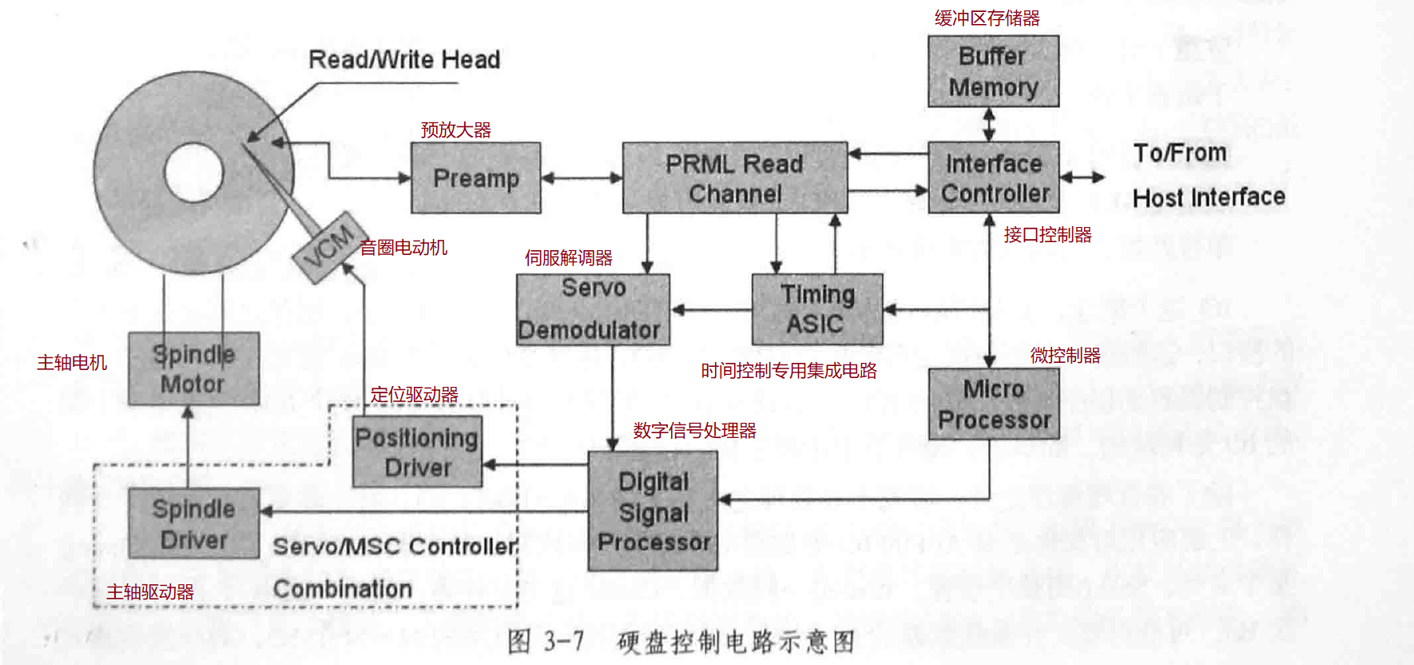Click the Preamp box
coord(476,178)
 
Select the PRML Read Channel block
coord(734,178)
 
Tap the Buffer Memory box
coord(993,71)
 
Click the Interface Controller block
coord(993,177)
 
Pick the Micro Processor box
coord(993,404)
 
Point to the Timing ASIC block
coord(816,309)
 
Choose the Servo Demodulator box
coord(593,309)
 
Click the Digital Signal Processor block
coord(653,512)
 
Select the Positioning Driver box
coord(417,452)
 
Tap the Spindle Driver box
coord(193,524)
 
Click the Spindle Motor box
coord(193,368)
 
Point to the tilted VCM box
coord(329,247)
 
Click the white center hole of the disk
coord(193,173)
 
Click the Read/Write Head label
coord(404,60)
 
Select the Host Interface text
coord(1208,197)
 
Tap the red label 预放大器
coord(455,129)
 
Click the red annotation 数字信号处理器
coord(694,431)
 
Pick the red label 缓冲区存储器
coord(987,18)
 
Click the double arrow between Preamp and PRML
coord(582,178)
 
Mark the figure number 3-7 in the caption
coord(564,641)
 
